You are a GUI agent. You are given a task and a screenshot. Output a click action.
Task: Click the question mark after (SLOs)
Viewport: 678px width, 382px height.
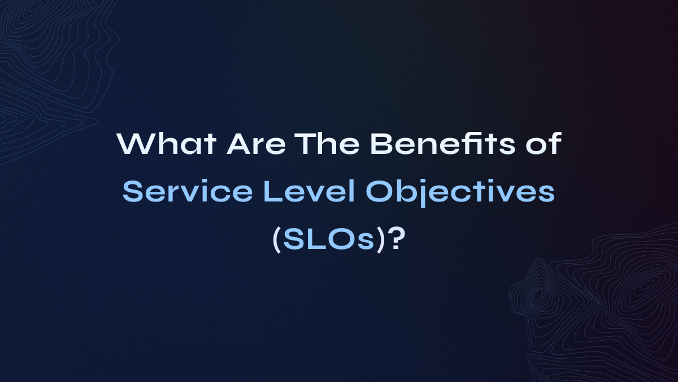(398, 240)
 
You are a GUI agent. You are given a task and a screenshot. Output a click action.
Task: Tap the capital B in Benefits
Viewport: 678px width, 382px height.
(381, 146)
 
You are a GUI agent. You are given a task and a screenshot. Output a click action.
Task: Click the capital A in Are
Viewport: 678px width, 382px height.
(237, 146)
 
